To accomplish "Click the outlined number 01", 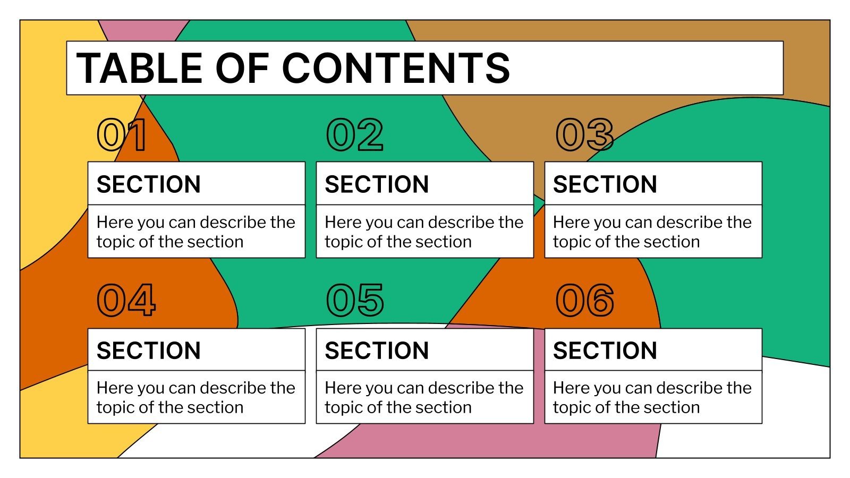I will coord(122,135).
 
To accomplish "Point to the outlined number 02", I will coord(354,135).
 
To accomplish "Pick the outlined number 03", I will coord(584,135).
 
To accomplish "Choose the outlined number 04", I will coord(126,301).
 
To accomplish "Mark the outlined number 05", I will coord(355,301).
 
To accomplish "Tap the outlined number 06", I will coord(585,301).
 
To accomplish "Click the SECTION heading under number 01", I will coord(149,184).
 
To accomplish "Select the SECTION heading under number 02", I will coord(377,184).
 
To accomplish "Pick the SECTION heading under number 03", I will coord(605,184).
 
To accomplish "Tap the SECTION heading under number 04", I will coord(149,351).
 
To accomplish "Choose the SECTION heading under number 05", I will coord(377,351).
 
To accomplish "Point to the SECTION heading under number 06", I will coord(605,351).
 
